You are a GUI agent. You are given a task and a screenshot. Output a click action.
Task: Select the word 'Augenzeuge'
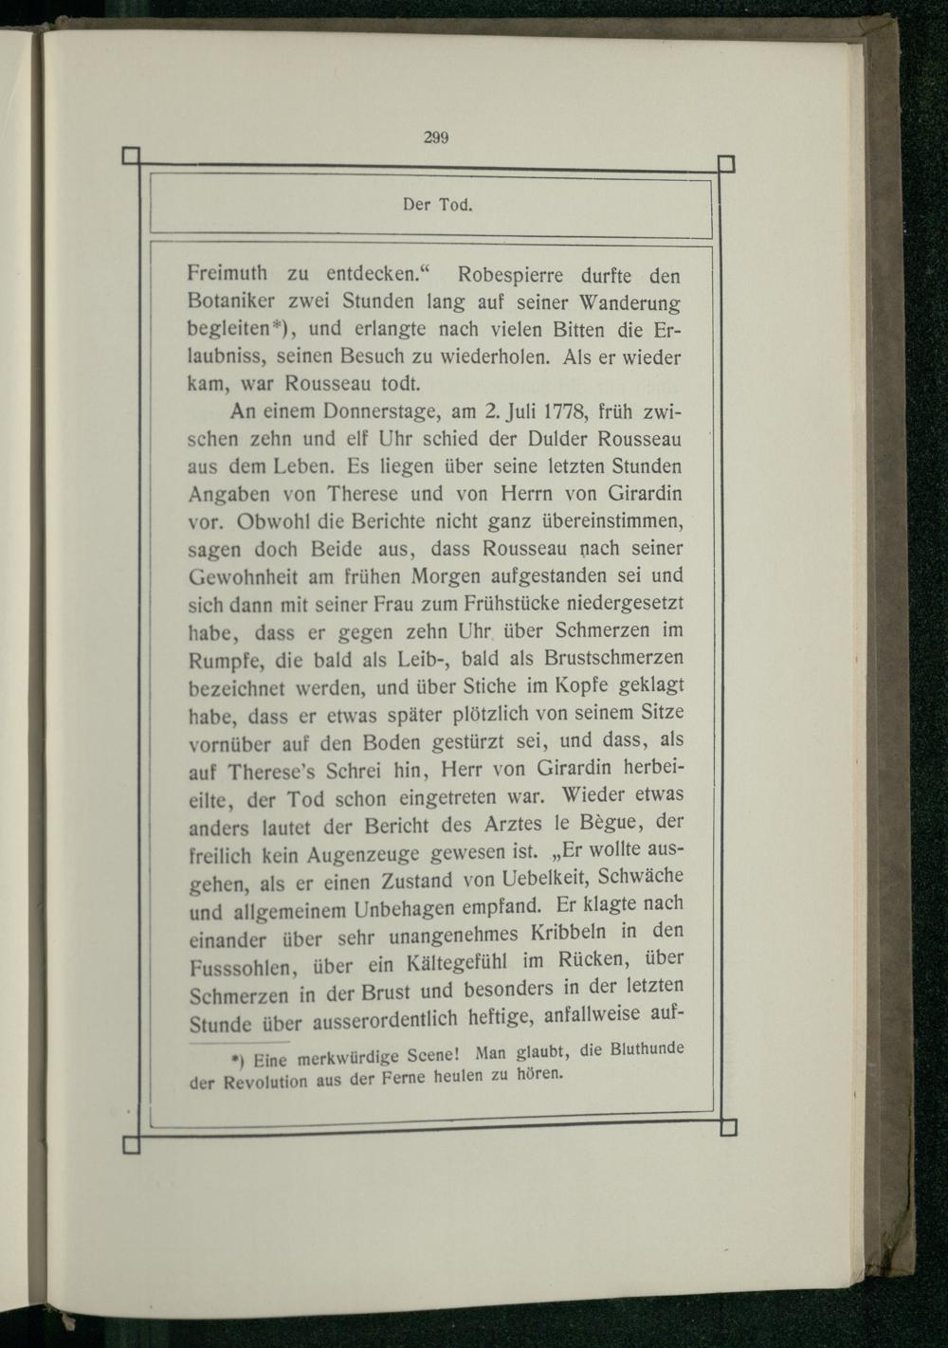[363, 855]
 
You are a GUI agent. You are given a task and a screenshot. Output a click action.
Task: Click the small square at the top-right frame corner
[726, 163]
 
